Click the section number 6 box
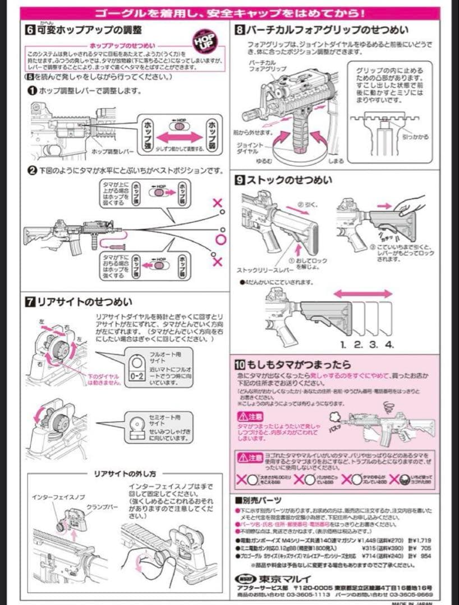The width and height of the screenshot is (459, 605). coord(29,30)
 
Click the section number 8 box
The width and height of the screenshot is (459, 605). coord(238,30)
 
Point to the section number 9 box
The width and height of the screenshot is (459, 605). coord(238,180)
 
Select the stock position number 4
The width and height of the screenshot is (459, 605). coord(389,343)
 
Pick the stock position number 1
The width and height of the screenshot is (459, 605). coord(343,343)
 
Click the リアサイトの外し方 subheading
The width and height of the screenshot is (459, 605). coord(125,474)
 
